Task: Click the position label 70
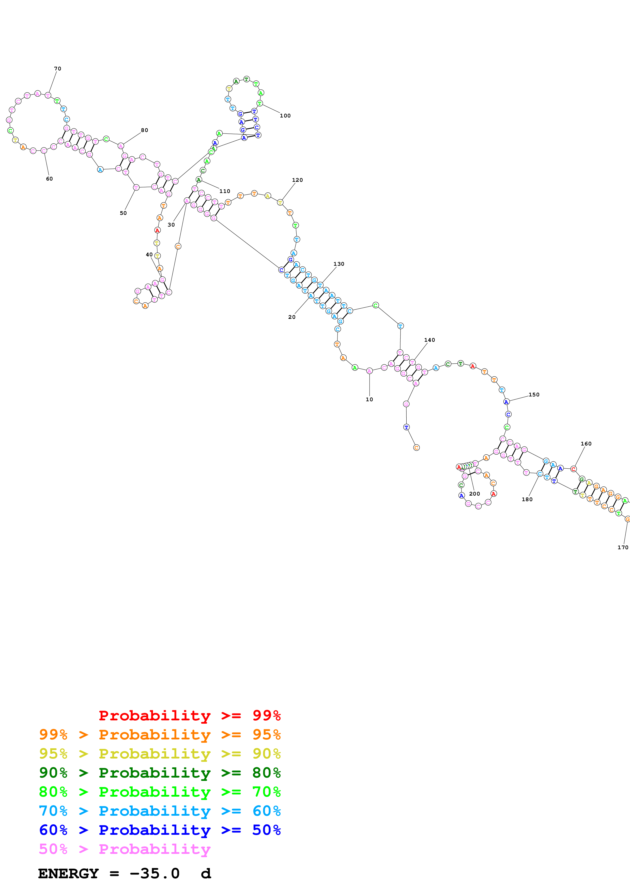pyautogui.click(x=57, y=69)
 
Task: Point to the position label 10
pyautogui.click(x=369, y=399)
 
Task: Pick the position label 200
pyautogui.click(x=474, y=494)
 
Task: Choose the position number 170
pyautogui.click(x=623, y=547)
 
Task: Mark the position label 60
pyautogui.click(x=49, y=179)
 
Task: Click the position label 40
pyautogui.click(x=149, y=255)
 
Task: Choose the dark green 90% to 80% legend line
pyautogui.click(x=160, y=773)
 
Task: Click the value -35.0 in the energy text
pyautogui.click(x=155, y=873)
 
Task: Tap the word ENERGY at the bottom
pyautogui.click(x=68, y=873)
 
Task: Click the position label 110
pyautogui.click(x=224, y=191)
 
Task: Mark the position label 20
pyautogui.click(x=291, y=317)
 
